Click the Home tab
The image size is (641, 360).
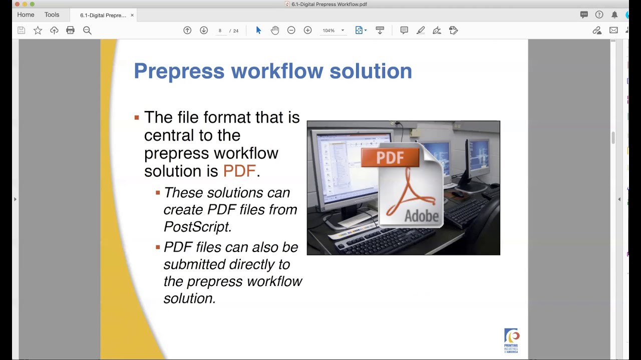coord(26,15)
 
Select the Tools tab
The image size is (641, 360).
coord(52,15)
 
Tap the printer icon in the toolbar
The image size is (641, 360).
coord(70,30)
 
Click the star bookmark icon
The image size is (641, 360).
coord(38,30)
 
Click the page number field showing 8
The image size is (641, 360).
coord(220,30)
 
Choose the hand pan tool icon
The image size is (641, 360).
coord(275,30)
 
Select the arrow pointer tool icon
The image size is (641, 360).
coord(258,30)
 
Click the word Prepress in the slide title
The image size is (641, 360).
coord(179,71)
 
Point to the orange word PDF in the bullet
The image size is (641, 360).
coord(239,171)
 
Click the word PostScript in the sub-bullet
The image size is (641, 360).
coord(197,226)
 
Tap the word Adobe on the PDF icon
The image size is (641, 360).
coord(421,216)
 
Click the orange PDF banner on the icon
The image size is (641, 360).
coord(390,157)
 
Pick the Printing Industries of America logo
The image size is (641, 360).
coord(511,340)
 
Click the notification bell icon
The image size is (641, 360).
coord(614,15)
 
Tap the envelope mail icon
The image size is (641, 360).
coord(613,30)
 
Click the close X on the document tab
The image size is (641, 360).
coord(132,15)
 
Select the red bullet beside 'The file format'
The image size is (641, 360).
coord(137,118)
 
